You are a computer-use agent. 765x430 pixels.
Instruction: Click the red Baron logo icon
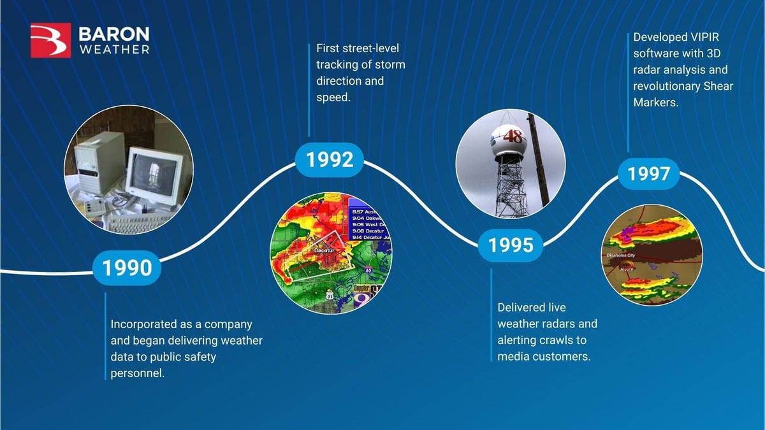pyautogui.click(x=50, y=40)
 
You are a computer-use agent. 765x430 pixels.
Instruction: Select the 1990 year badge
pyautogui.click(x=126, y=268)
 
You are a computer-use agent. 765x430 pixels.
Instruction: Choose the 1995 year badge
pyautogui.click(x=511, y=245)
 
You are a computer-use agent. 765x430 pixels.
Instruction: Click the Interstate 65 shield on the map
pyautogui.click(x=368, y=270)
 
